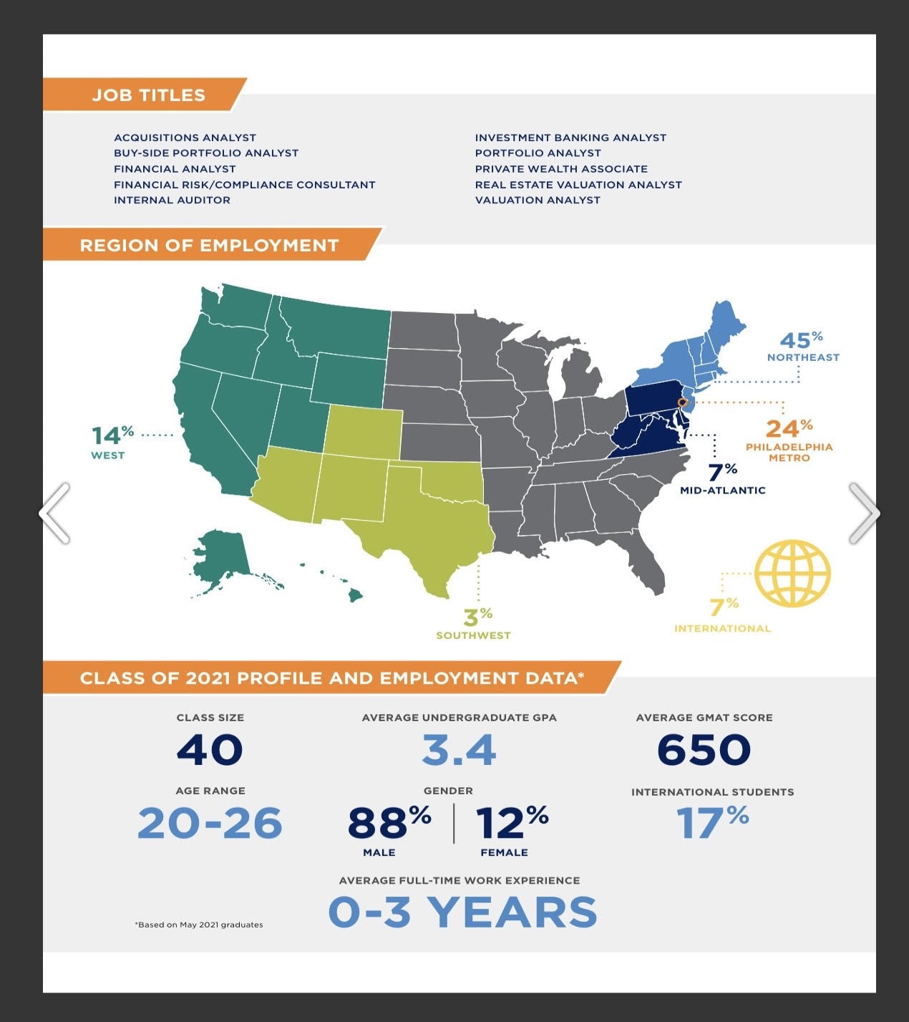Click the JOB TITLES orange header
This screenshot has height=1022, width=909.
(148, 95)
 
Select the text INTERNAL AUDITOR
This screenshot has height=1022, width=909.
(172, 201)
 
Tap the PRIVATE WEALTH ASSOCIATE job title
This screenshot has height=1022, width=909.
(561, 169)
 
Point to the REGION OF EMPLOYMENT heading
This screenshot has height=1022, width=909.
(209, 246)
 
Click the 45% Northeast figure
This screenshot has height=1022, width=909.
(800, 340)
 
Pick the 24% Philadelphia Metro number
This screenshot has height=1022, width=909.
(788, 428)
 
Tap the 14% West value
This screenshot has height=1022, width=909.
(112, 435)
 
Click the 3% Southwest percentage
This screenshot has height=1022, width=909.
(477, 616)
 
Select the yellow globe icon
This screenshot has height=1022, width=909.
(792, 574)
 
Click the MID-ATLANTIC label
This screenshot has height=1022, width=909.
(722, 491)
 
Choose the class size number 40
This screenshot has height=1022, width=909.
(210, 750)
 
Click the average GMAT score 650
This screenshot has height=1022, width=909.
(704, 750)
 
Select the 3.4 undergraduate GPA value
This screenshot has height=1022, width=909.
(459, 750)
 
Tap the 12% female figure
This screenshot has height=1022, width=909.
(511, 823)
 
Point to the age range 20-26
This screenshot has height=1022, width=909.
(210, 823)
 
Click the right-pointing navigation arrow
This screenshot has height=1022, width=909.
(864, 513)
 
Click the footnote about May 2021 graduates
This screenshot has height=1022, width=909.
(199, 925)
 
